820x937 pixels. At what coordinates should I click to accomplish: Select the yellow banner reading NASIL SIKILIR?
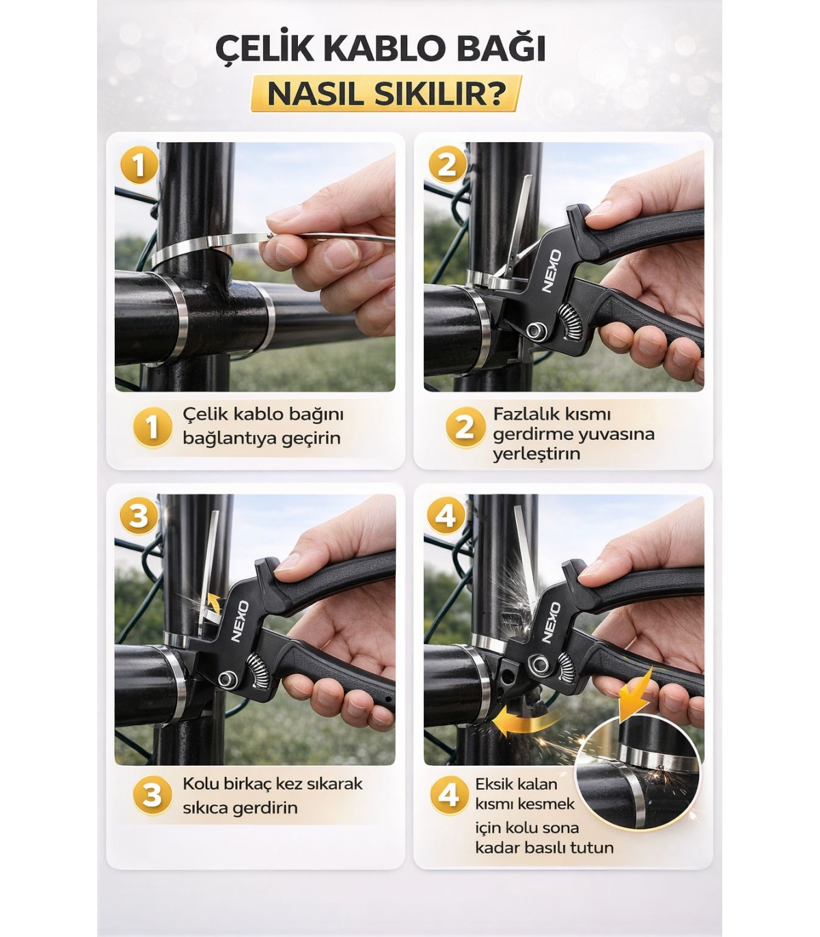(x=386, y=94)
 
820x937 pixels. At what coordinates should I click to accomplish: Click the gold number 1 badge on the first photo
(x=139, y=165)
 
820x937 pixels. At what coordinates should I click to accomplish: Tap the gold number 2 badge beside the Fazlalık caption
(x=465, y=428)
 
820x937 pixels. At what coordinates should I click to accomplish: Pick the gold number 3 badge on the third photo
(x=139, y=516)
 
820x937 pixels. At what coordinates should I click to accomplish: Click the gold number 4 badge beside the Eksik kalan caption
(x=450, y=795)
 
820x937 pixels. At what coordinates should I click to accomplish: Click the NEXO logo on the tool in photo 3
(x=240, y=621)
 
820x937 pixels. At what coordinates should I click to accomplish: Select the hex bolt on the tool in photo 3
(x=225, y=680)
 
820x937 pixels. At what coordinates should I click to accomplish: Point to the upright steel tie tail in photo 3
(x=208, y=572)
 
